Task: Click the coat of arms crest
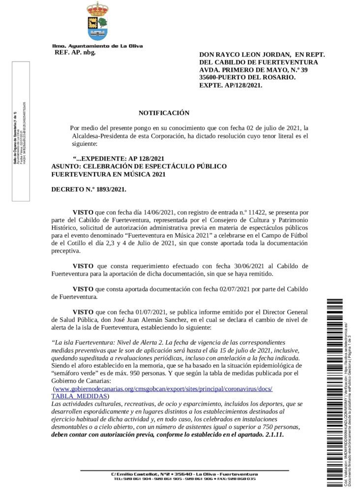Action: [x=97, y=21]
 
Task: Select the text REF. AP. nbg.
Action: [x=75, y=52]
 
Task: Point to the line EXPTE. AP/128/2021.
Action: [x=231, y=85]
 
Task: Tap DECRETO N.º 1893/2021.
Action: [x=89, y=189]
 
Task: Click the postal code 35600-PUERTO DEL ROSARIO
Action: [x=247, y=78]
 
